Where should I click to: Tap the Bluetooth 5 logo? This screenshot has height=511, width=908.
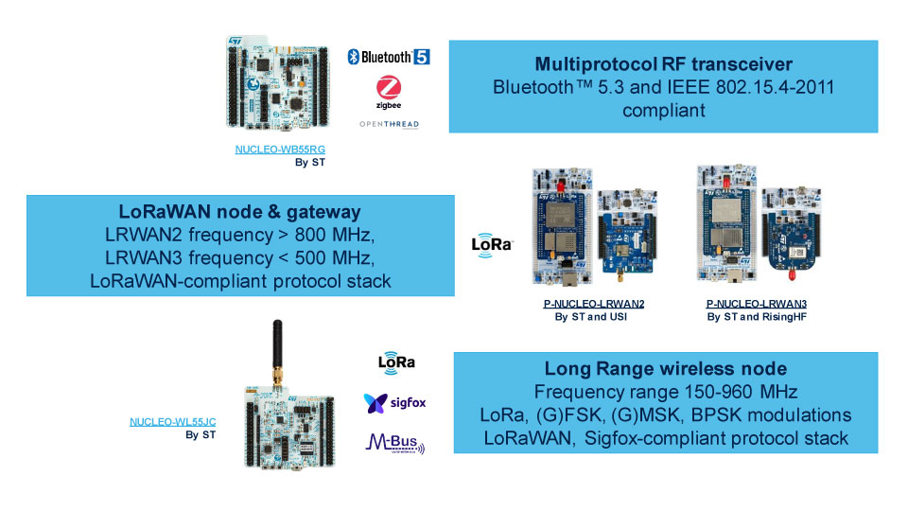click(388, 57)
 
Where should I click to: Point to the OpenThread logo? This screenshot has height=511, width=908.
click(389, 124)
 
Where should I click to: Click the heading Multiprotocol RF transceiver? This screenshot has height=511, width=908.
click(663, 64)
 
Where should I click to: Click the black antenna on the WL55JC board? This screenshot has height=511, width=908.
click(279, 344)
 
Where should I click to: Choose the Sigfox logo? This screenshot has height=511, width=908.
click(394, 403)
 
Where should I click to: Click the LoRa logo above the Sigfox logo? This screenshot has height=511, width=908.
click(396, 361)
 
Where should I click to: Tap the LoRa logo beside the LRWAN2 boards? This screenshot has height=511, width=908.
click(492, 244)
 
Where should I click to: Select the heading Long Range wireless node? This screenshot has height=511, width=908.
click(666, 369)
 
